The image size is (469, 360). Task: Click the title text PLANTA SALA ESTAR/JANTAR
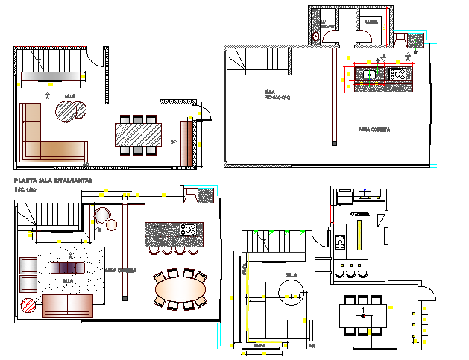[x=53, y=180]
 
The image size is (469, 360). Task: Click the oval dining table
[x=180, y=287]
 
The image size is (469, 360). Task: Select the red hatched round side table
[x=28, y=304]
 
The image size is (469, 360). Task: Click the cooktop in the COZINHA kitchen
[x=340, y=241]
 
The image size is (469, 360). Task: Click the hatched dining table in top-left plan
[x=137, y=135]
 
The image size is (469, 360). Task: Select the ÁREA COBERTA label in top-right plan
[x=374, y=129]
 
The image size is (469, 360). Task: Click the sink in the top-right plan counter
[x=368, y=73]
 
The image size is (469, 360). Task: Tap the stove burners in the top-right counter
[x=396, y=73]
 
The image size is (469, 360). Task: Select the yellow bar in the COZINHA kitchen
[x=360, y=238]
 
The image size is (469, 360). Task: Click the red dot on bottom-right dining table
[x=364, y=316]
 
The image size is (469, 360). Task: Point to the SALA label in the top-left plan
[x=70, y=96]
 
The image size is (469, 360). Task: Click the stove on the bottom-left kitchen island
[x=188, y=230]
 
